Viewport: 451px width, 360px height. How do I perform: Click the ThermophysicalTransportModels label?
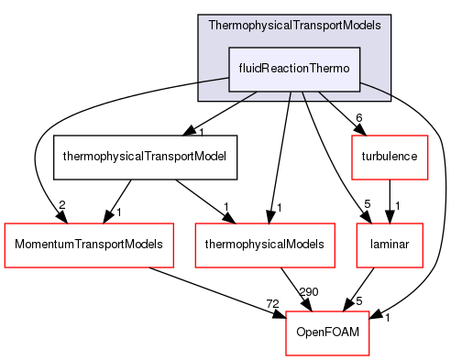click(x=293, y=25)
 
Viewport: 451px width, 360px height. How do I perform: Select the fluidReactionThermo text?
click(x=293, y=69)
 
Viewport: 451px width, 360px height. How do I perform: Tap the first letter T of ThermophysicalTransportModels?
click(x=213, y=25)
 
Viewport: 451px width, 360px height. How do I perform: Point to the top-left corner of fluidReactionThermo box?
click(x=229, y=47)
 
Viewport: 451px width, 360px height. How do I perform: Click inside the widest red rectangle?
click(x=89, y=245)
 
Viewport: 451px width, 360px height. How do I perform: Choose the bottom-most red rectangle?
click(x=327, y=333)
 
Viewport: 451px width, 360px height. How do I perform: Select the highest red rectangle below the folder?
click(x=390, y=158)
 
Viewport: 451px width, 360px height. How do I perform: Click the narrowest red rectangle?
click(x=389, y=245)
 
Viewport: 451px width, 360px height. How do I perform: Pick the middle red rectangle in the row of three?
click(x=265, y=245)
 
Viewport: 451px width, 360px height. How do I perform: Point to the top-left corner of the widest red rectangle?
click(x=5, y=224)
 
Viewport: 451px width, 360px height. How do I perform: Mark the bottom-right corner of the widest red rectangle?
click(x=173, y=267)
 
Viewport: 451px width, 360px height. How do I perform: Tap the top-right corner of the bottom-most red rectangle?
click(x=368, y=312)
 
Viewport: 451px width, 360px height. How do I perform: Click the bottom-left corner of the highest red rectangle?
click(x=353, y=179)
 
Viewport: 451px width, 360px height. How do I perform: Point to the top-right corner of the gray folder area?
click(x=390, y=16)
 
